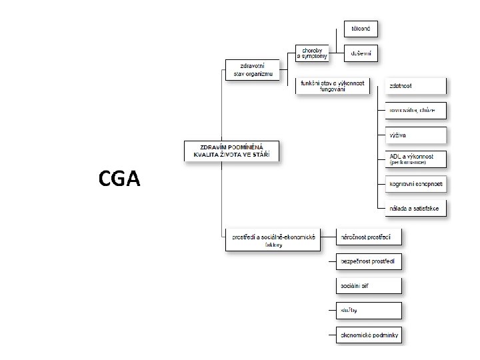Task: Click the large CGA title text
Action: click(x=119, y=178)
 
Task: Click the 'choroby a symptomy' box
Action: click(x=313, y=53)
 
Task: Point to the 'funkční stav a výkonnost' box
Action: click(x=332, y=86)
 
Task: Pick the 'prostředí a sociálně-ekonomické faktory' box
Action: click(x=273, y=240)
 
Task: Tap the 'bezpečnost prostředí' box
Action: click(x=369, y=262)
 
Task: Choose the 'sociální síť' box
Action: click(x=369, y=286)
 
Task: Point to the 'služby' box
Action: click(x=369, y=311)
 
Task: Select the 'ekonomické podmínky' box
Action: click(x=369, y=335)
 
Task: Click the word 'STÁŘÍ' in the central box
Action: click(x=265, y=155)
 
